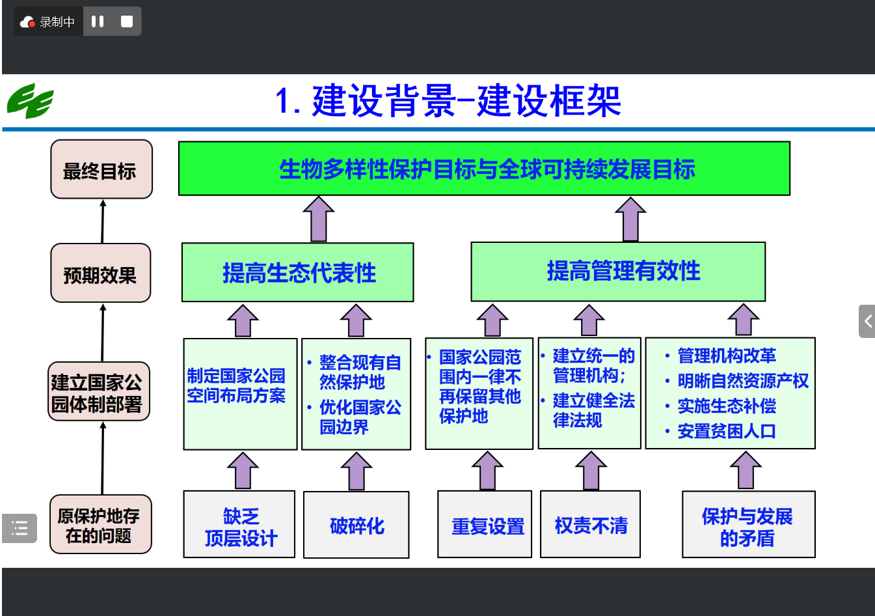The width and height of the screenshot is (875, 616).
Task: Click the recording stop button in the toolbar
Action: [x=127, y=21]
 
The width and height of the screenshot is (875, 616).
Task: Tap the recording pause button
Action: [x=98, y=21]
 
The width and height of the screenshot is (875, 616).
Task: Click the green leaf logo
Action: [x=30, y=102]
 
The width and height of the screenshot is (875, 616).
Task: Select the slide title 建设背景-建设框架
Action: [x=448, y=102]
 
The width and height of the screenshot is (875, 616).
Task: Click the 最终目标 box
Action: [x=101, y=169]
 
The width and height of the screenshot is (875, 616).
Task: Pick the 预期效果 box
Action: [x=101, y=273]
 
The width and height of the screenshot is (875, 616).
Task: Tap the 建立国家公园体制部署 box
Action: [x=99, y=392]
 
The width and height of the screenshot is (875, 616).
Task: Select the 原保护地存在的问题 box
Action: [x=100, y=525]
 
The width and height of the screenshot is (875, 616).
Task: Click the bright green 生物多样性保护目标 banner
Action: [x=484, y=169]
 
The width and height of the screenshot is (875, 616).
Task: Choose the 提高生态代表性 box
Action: [x=297, y=272]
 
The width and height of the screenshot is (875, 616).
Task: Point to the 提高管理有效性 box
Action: [x=617, y=272]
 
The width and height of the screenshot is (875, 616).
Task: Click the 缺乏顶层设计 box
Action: [x=239, y=525]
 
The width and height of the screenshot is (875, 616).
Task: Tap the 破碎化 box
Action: [x=356, y=525]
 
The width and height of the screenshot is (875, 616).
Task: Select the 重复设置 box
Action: [x=485, y=525]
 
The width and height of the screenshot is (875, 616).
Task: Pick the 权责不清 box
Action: [x=590, y=525]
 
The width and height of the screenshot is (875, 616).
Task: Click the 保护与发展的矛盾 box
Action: [x=748, y=525]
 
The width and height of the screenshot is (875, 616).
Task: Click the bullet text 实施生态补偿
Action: [x=727, y=406]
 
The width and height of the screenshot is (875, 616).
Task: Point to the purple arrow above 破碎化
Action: [x=357, y=471]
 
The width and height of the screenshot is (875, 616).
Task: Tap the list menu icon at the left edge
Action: [x=20, y=528]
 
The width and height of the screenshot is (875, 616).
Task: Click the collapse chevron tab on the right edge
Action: [x=867, y=321]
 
